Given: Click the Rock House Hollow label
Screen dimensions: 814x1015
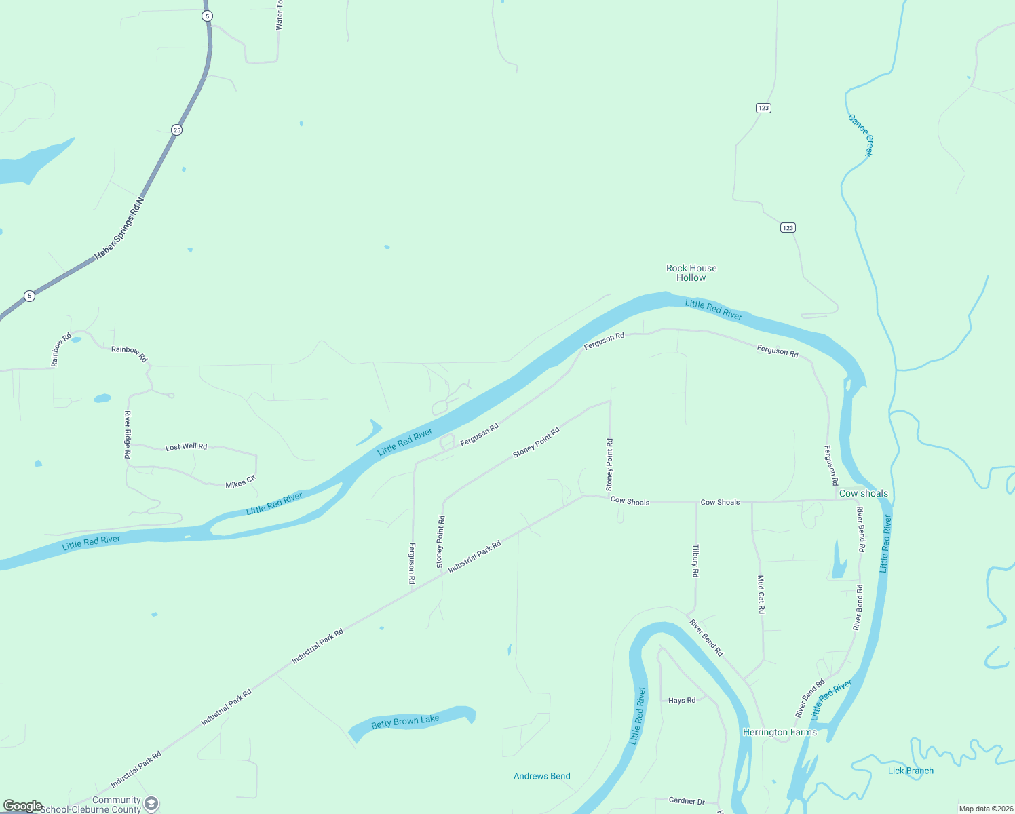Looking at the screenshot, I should click(691, 273).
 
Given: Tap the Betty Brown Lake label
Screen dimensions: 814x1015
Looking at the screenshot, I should click(405, 722).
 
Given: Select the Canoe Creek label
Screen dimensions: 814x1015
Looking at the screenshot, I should click(860, 135).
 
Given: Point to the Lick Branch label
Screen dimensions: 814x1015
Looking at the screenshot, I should click(911, 771).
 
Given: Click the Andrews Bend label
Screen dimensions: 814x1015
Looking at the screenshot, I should click(541, 776).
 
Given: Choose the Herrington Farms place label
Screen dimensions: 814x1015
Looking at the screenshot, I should click(780, 732).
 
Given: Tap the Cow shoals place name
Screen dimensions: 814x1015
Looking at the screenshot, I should click(863, 493).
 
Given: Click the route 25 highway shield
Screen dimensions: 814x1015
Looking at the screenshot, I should click(176, 130).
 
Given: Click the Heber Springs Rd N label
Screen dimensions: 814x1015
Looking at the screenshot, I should click(119, 228).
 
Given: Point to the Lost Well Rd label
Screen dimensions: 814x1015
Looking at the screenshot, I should click(186, 447).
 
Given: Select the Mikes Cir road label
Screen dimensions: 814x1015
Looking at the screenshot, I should click(240, 482).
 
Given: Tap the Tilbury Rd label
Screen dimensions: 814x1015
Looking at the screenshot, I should click(695, 560).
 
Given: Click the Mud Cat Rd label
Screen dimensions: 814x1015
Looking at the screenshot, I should click(761, 594).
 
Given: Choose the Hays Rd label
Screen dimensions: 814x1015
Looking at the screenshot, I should click(681, 700).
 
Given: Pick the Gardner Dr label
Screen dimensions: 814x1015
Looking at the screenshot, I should click(687, 801).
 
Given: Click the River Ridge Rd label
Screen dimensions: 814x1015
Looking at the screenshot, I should click(128, 434).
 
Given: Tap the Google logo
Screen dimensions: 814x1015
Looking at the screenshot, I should click(22, 805).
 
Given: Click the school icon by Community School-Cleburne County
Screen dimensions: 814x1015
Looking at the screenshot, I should click(151, 804).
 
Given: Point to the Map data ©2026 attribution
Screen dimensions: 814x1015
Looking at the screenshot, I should click(985, 809).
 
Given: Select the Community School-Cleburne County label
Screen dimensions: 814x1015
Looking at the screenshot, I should click(92, 805).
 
